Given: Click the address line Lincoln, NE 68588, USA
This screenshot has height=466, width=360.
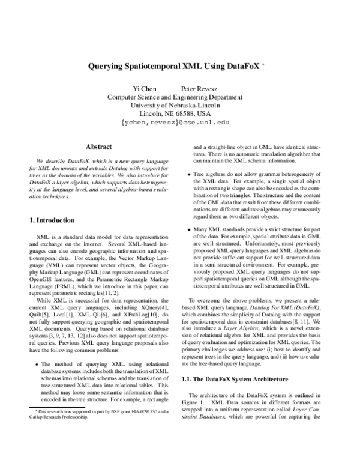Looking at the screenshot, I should click(179, 113).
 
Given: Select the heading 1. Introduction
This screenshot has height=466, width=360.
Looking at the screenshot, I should click(52, 220).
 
